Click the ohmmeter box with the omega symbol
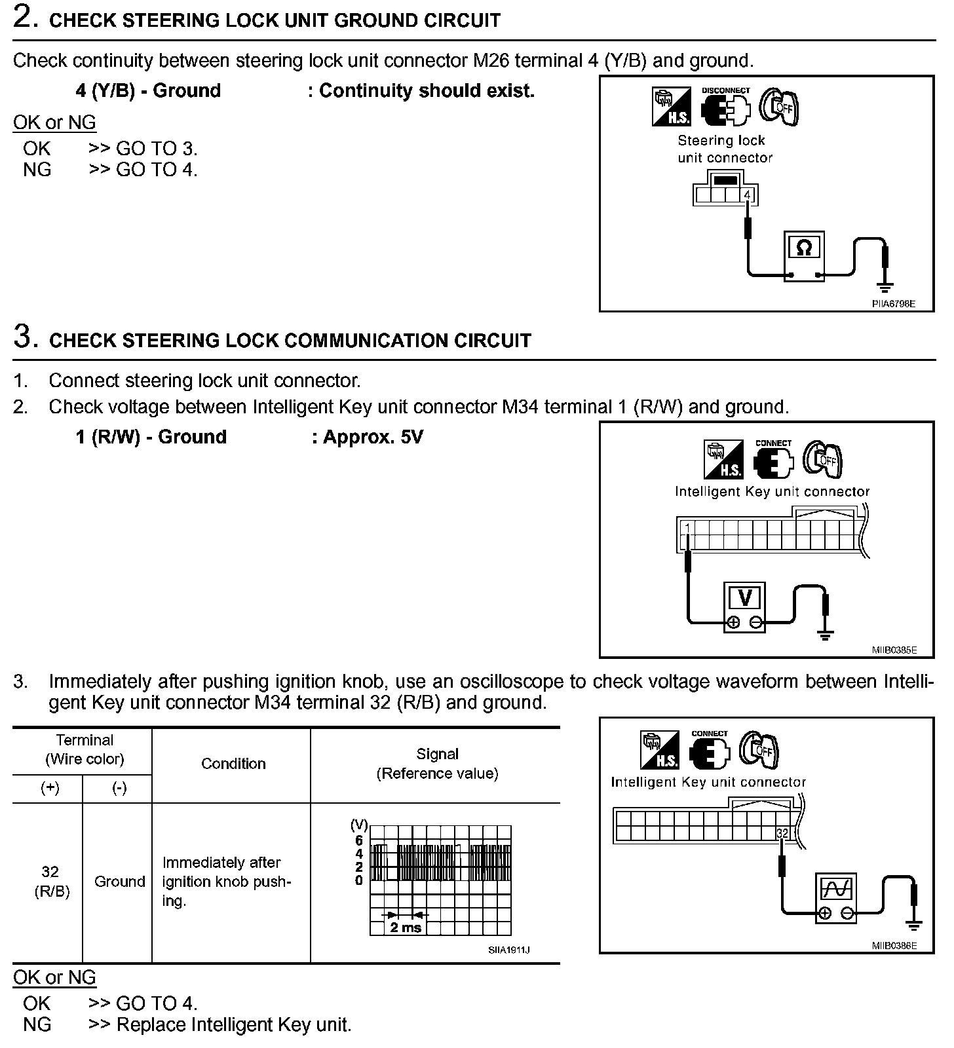[804, 256]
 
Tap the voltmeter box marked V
[744, 606]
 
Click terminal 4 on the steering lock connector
[748, 195]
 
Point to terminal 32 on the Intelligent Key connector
[782, 833]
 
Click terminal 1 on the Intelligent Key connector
[687, 528]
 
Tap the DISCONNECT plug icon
[725, 108]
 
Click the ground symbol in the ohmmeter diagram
[885, 286]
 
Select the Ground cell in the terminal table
[119, 882]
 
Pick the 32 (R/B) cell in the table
[50, 882]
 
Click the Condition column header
[233, 764]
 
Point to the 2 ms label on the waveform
[406, 927]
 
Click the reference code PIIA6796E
[893, 304]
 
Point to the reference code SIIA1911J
[508, 950]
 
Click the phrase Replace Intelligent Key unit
[234, 1024]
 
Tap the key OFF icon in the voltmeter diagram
[823, 459]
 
